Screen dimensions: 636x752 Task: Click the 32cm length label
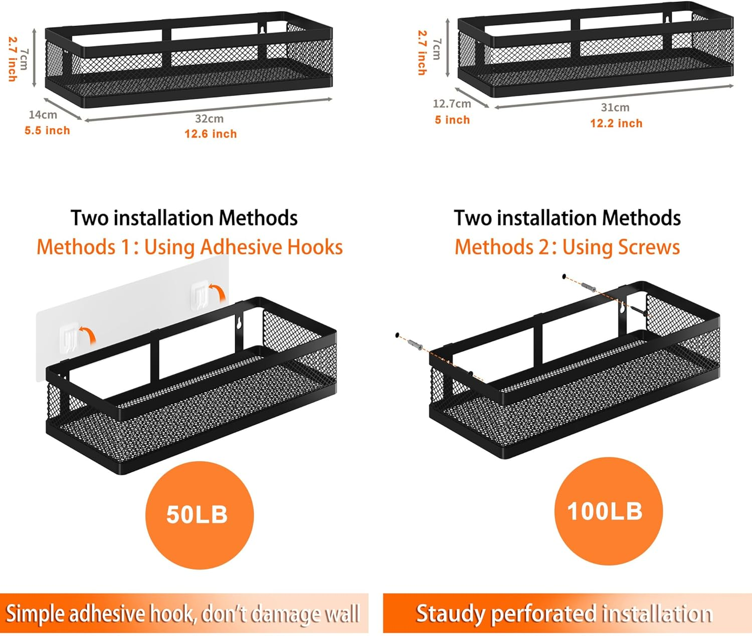pos(209,119)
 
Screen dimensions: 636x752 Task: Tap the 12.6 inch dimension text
pos(211,134)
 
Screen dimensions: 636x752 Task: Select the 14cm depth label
pos(43,115)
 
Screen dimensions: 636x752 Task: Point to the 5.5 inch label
pos(47,131)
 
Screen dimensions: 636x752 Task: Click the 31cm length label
pos(615,108)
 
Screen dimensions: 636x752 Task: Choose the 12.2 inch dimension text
pos(616,123)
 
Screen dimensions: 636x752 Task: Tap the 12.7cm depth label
pos(452,104)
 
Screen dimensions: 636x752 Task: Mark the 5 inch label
pos(452,120)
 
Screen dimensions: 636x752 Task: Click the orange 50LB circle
pos(200,515)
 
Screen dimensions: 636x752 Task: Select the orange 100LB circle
pos(608,511)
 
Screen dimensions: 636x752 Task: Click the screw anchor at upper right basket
pos(589,287)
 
